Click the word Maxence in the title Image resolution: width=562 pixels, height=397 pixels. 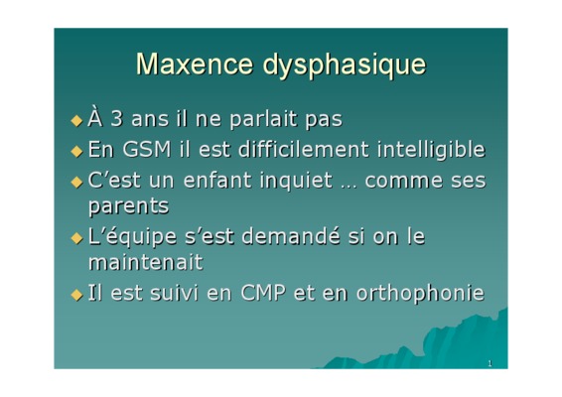click(195, 65)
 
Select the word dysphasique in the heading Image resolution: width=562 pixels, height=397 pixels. click(345, 66)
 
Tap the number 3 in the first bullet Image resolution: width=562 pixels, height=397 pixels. click(116, 119)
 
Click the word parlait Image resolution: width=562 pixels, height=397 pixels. click(263, 120)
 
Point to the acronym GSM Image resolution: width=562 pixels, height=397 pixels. click(147, 150)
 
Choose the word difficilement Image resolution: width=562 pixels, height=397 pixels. click(303, 149)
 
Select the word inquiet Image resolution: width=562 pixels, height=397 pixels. click(297, 182)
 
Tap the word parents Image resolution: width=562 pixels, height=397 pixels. click(129, 207)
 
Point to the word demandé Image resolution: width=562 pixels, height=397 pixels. click(291, 237)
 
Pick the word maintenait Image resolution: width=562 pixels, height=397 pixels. click(146, 263)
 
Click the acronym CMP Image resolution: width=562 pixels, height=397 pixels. click(263, 293)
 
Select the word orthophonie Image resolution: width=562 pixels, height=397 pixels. click(420, 294)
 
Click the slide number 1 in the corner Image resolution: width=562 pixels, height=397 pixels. click(490, 363)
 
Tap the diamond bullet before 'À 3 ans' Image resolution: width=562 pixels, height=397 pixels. click(76, 120)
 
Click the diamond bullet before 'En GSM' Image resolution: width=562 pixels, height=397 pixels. click(76, 151)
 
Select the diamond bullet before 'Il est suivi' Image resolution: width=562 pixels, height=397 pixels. click(76, 295)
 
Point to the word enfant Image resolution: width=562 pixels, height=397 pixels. click(217, 180)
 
